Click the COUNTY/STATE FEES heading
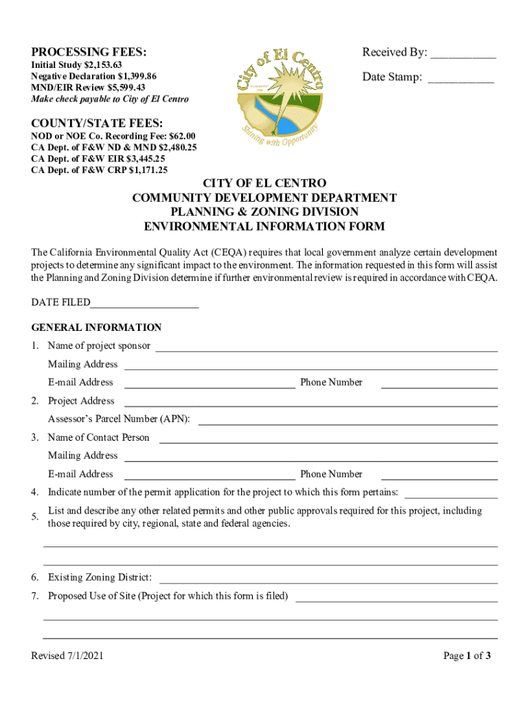coord(97,124)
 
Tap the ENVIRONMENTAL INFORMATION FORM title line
coord(264,227)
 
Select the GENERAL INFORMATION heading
coord(96,327)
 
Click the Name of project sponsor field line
coord(326,349)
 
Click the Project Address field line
coord(310,404)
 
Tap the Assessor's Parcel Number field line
coord(348,423)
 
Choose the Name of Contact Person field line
coord(328,441)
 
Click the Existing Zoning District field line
coord(328,581)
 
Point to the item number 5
coord(34,517)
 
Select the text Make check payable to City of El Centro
coord(110,100)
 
